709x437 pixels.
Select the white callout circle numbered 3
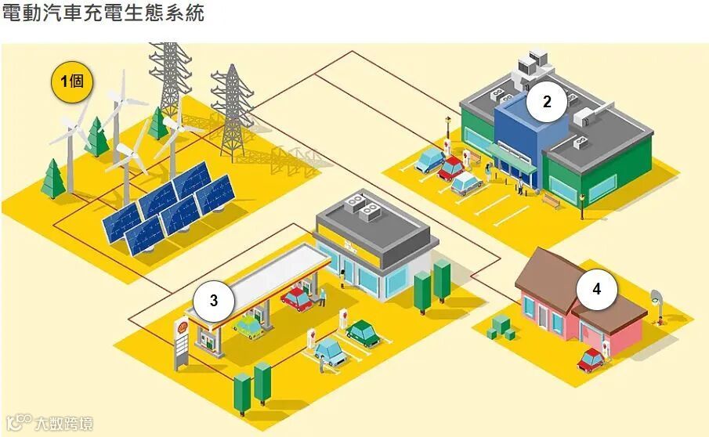click(213, 300)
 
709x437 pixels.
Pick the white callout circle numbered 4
click(596, 289)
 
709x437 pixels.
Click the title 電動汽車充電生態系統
click(103, 13)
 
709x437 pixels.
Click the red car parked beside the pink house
click(591, 359)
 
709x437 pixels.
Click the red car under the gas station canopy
click(296, 298)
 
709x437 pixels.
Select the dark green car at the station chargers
click(363, 332)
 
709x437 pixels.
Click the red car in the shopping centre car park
click(452, 167)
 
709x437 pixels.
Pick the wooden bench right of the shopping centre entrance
click(552, 200)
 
